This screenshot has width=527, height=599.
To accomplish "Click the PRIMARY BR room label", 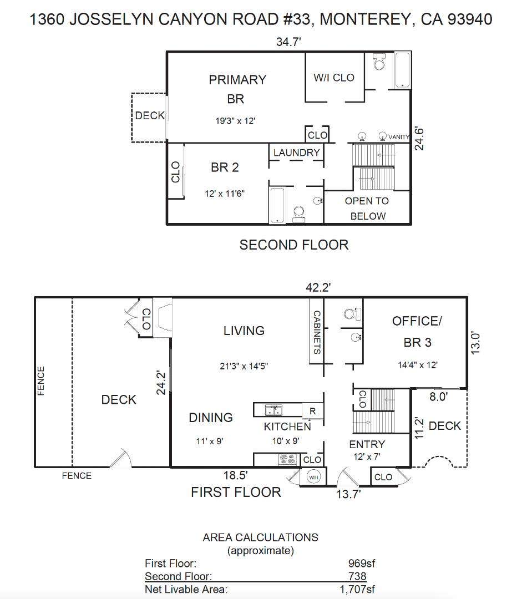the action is tap(237, 89).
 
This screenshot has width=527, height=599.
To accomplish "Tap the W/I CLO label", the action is tap(334, 78).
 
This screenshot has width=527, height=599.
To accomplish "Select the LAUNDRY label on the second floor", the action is tap(297, 153).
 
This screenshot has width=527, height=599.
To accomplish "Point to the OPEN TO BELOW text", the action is tap(367, 209).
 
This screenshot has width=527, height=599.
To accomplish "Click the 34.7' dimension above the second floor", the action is tap(288, 41).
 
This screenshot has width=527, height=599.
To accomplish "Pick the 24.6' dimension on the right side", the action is tap(419, 139).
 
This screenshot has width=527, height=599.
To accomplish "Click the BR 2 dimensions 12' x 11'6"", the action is tap(224, 194).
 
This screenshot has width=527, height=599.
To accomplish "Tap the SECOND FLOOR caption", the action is tap(294, 245).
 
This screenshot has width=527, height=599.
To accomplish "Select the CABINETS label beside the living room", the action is tap(317, 332).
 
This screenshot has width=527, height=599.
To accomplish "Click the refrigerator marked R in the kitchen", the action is tap(313, 411).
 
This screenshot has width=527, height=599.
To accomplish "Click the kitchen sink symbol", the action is tap(273, 410).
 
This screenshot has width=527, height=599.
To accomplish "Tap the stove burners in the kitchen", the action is tap(288, 459).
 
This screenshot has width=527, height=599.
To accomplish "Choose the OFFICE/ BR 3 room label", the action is tap(417, 332).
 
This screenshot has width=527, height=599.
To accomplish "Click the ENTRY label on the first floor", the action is tap(367, 444).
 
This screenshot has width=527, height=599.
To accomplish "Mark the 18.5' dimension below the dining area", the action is tap(235, 475).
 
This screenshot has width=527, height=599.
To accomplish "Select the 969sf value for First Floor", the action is tap(362, 563).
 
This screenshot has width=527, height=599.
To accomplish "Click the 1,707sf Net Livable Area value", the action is tap(357, 590).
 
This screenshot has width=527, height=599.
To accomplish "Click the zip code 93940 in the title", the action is tap(470, 19).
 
